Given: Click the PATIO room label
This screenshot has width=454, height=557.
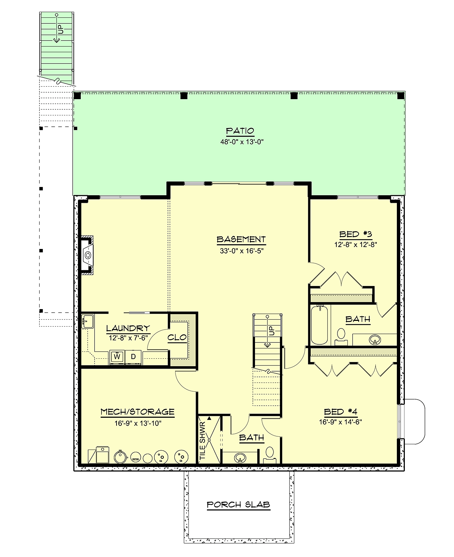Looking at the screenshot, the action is pyautogui.click(x=240, y=131).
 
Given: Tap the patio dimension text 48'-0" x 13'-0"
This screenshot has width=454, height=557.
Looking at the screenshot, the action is pyautogui.click(x=242, y=142).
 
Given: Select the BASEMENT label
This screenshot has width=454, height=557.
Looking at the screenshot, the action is pyautogui.click(x=241, y=239).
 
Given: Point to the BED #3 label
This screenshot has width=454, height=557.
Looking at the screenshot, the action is pyautogui.click(x=356, y=234).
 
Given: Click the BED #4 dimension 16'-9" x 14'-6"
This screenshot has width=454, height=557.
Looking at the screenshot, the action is pyautogui.click(x=340, y=422).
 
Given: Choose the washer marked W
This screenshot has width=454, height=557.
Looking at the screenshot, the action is pyautogui.click(x=117, y=357).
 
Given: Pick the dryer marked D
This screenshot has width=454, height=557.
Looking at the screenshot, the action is pyautogui.click(x=134, y=357).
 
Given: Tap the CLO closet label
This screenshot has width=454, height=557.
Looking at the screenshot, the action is pyautogui.click(x=177, y=337).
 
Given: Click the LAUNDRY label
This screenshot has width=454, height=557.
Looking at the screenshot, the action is pyautogui.click(x=128, y=328).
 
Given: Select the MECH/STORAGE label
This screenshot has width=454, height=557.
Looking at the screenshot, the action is pyautogui.click(x=138, y=412).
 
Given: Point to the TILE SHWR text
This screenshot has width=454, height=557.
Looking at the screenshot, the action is pyautogui.click(x=202, y=440).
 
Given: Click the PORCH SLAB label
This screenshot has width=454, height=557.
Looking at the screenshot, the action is pyautogui.click(x=238, y=505).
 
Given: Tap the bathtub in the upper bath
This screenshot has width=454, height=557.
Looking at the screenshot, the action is pyautogui.click(x=319, y=325).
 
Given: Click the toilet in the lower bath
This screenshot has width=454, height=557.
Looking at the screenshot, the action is pyautogui.click(x=270, y=454).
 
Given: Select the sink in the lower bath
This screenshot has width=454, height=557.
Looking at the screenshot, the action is pyautogui.click(x=240, y=457).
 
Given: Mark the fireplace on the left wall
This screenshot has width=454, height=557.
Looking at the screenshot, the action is pyautogui.click(x=87, y=255).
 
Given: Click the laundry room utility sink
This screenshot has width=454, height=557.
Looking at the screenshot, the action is pyautogui.click(x=87, y=321).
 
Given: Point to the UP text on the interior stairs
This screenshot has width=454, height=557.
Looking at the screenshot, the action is pyautogui.click(x=272, y=330).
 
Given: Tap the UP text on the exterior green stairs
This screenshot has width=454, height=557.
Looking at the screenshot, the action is pyautogui.click(x=61, y=29).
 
